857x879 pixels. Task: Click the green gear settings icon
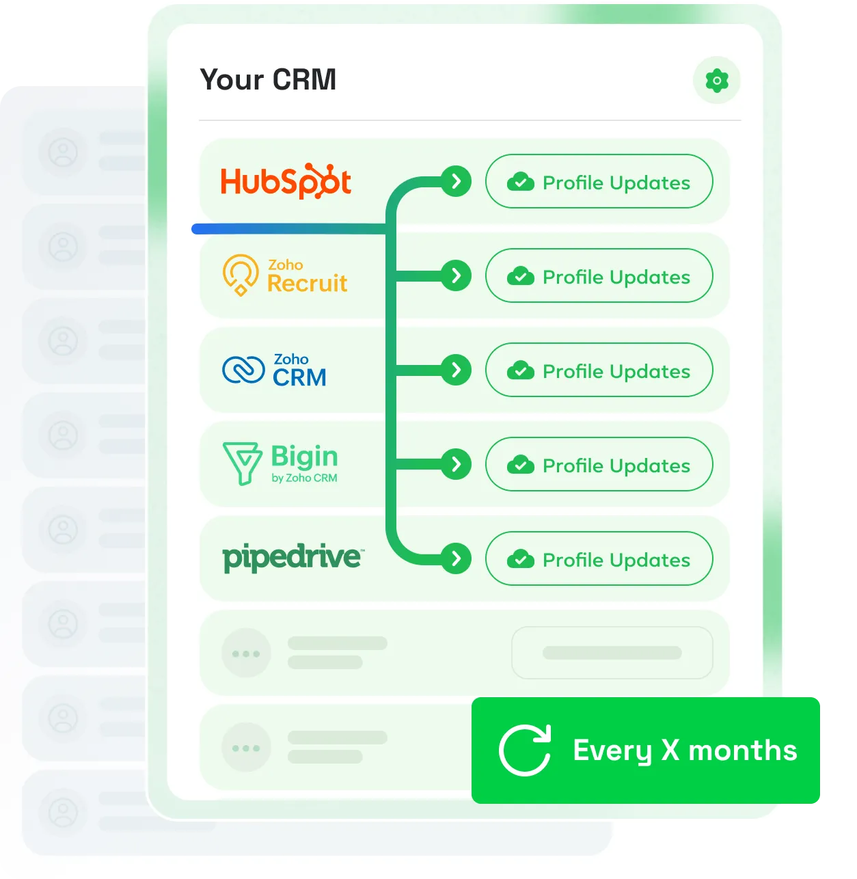pyautogui.click(x=717, y=81)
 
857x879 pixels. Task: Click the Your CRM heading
pyautogui.click(x=268, y=80)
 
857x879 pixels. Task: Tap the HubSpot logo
pyautogui.click(x=286, y=182)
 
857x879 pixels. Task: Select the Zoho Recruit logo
pyautogui.click(x=285, y=275)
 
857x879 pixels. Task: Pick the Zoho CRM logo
pyautogui.click(x=275, y=370)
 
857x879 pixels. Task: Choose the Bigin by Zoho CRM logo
pyautogui.click(x=281, y=463)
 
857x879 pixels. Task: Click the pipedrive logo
pyautogui.click(x=293, y=558)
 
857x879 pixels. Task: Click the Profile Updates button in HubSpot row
pyautogui.click(x=599, y=182)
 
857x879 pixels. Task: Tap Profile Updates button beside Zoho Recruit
pyautogui.click(x=599, y=276)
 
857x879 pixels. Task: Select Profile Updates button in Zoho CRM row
pyautogui.click(x=599, y=370)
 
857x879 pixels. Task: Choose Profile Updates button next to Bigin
pyautogui.click(x=599, y=465)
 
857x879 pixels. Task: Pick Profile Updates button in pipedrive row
pyautogui.click(x=599, y=559)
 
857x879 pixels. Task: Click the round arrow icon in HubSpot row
pyautogui.click(x=456, y=182)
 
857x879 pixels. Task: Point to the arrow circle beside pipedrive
pyautogui.click(x=456, y=558)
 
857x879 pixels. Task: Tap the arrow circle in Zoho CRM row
pyautogui.click(x=456, y=370)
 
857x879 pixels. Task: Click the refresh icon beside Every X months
pyautogui.click(x=525, y=750)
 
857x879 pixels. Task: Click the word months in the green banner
pyautogui.click(x=742, y=750)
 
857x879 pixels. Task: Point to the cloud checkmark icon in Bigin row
pyautogui.click(x=521, y=465)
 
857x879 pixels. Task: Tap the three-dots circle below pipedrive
pyautogui.click(x=246, y=653)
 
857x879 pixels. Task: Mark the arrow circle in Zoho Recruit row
pyautogui.click(x=456, y=275)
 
